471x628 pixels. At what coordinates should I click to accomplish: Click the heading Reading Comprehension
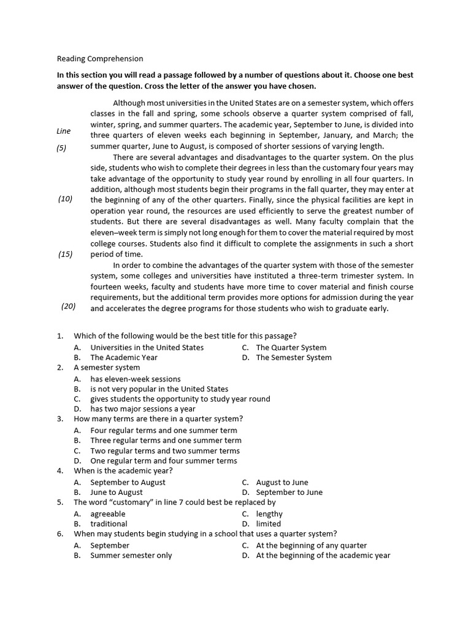[x=100, y=59]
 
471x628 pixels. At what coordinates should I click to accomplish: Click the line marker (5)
[x=61, y=148]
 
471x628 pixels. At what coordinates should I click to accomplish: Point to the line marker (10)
[x=66, y=199]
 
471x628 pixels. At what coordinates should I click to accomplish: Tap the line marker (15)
[x=66, y=254]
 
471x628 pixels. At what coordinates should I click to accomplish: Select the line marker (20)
[x=68, y=306]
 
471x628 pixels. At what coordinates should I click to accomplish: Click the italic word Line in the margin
[x=63, y=131]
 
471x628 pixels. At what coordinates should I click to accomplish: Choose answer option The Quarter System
[x=291, y=348]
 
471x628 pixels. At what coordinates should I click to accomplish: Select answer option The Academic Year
[x=124, y=358]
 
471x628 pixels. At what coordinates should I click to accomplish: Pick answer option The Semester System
[x=294, y=358]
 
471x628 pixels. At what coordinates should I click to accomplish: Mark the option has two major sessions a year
[x=143, y=409]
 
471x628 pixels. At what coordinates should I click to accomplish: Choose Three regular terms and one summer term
[x=166, y=440]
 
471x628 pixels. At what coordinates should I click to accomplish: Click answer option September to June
[x=289, y=492]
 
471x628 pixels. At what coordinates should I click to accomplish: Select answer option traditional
[x=109, y=524]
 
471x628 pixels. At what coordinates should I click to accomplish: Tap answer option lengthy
[x=269, y=514]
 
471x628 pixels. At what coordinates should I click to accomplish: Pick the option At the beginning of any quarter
[x=312, y=545]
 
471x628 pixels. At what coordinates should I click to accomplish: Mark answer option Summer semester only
[x=131, y=556]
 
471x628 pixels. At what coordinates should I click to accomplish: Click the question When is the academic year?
[x=123, y=471]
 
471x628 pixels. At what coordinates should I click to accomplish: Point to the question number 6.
[x=60, y=534]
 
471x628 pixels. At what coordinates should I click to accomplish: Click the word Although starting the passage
[x=131, y=103]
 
